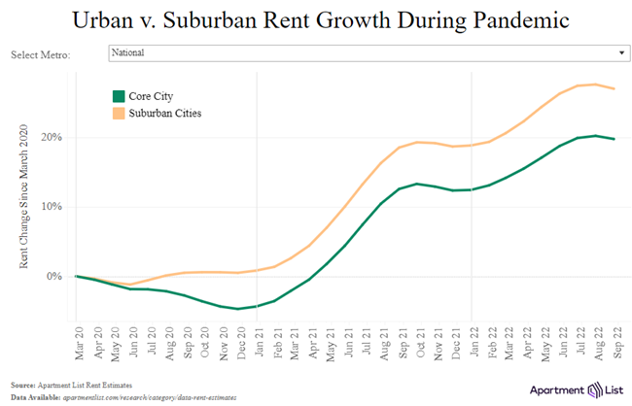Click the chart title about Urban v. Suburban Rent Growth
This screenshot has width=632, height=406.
315,19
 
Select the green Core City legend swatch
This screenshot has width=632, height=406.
120,95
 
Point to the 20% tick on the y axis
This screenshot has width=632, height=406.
54,137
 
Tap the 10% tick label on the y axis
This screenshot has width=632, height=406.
54,207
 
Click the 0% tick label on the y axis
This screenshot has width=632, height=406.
56,277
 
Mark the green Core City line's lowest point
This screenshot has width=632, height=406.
238,309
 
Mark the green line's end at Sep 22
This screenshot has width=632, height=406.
614,139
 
